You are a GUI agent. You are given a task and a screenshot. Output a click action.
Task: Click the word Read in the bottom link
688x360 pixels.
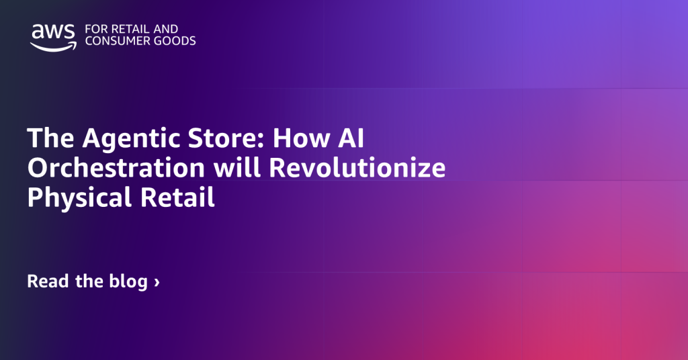48,281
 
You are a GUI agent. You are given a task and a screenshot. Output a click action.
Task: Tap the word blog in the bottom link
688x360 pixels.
127,282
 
